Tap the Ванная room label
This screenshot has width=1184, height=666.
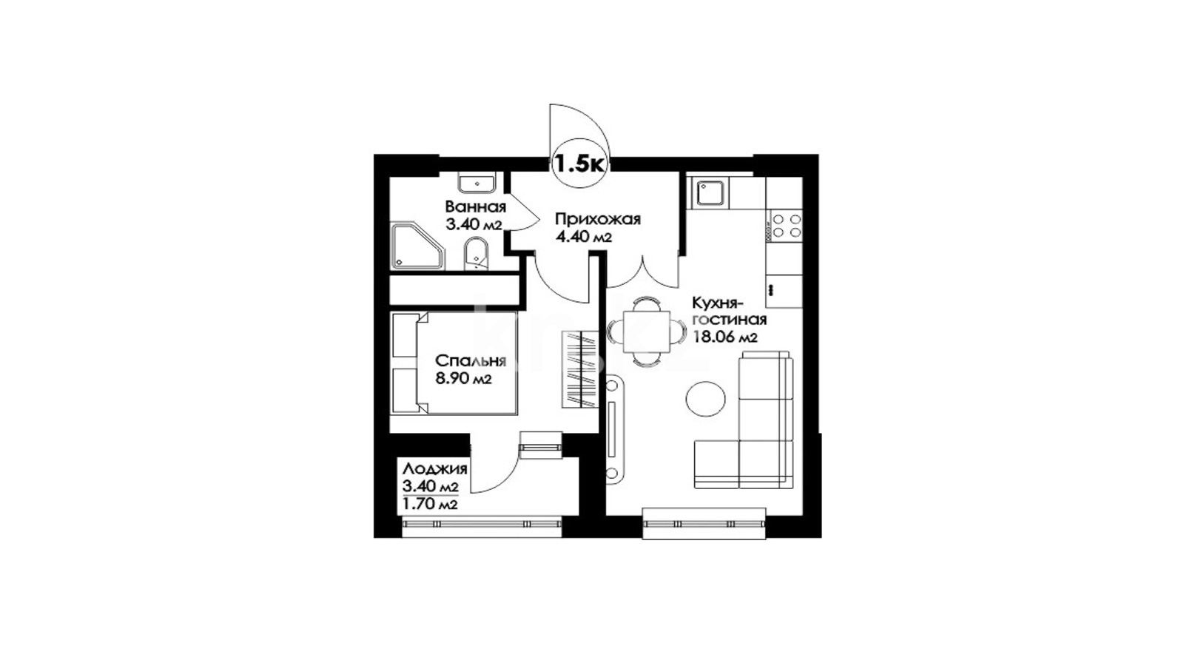pos(475,206)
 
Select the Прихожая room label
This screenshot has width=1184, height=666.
pos(597,219)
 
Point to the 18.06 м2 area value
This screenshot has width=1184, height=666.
pos(725,337)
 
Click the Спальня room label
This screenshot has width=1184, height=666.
pos(471,361)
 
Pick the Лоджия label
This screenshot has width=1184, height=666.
pos(435,469)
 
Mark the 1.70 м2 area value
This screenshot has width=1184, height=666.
pos(430,505)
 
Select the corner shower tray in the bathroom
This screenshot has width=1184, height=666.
pos(417,246)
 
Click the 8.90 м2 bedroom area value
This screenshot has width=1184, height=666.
pos(463,380)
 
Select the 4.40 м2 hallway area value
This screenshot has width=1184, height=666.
pos(583,238)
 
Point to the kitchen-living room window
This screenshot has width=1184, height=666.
pos(704,523)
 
